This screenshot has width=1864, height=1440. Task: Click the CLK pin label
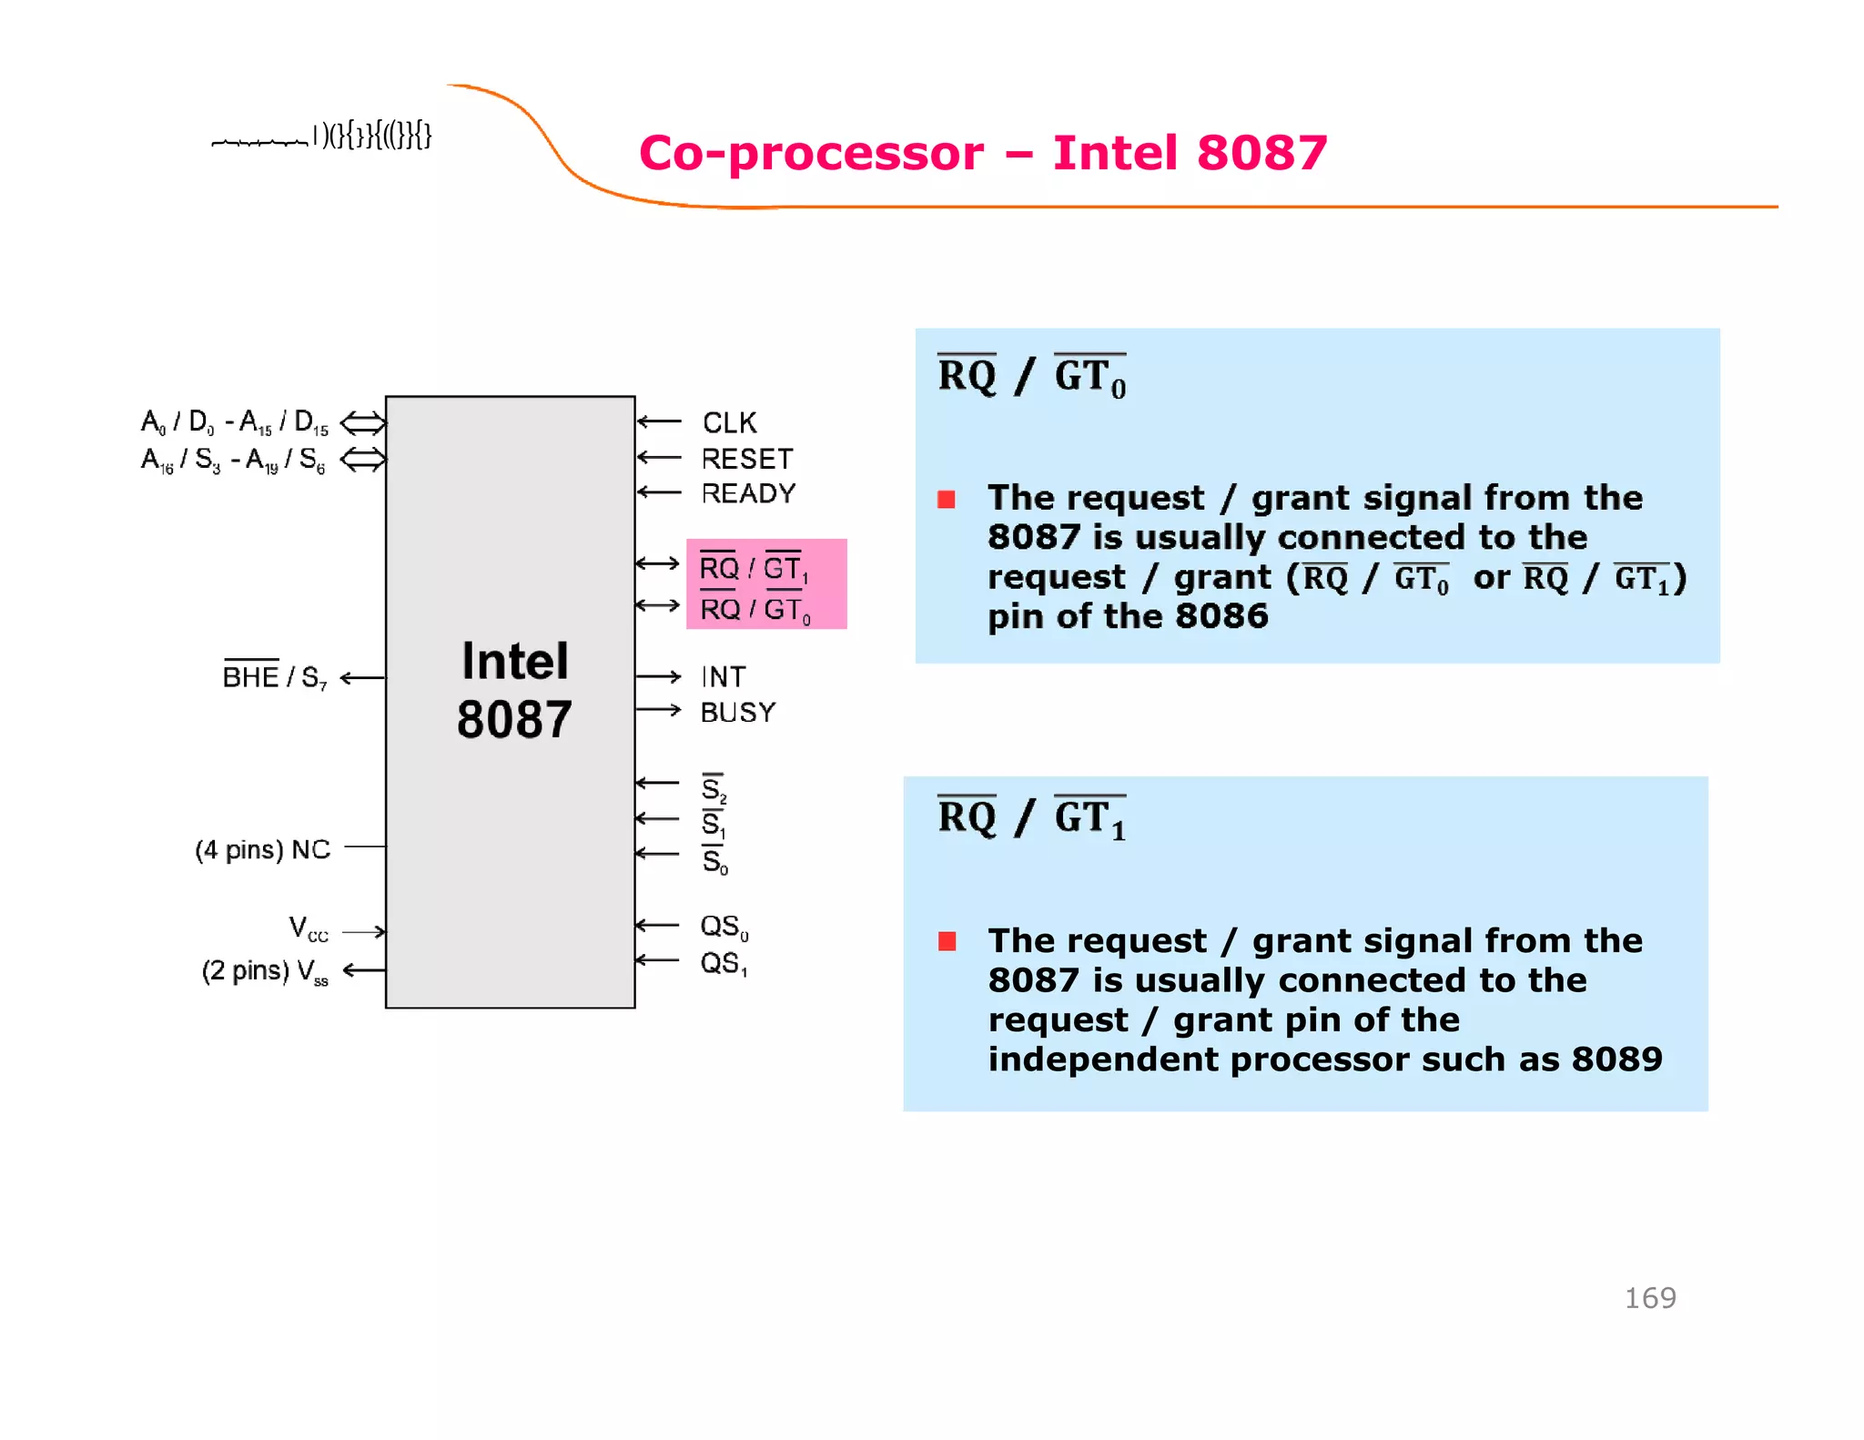(729, 423)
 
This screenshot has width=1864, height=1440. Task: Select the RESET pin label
(747, 459)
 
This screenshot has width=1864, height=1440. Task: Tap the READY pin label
(748, 493)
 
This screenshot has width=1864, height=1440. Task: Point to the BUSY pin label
(738, 712)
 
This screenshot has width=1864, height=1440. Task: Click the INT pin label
(724, 677)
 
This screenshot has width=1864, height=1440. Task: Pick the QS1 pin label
(724, 963)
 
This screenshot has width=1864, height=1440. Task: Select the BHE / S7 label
(274, 677)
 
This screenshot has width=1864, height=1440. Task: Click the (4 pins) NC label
(262, 850)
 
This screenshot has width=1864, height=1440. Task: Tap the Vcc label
(309, 929)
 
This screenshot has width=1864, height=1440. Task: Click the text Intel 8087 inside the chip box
(514, 690)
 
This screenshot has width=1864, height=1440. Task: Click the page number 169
(1649, 1298)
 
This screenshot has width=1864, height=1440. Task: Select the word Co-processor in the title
(811, 153)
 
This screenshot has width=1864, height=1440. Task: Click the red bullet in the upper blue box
(947, 499)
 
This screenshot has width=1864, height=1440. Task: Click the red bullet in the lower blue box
(947, 941)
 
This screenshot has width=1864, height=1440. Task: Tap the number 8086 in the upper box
(1221, 616)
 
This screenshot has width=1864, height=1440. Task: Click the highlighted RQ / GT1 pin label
(753, 569)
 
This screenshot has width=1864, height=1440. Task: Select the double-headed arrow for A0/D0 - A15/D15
(363, 422)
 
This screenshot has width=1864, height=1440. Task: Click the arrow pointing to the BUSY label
(658, 710)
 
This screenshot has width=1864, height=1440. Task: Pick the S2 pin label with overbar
(714, 787)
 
